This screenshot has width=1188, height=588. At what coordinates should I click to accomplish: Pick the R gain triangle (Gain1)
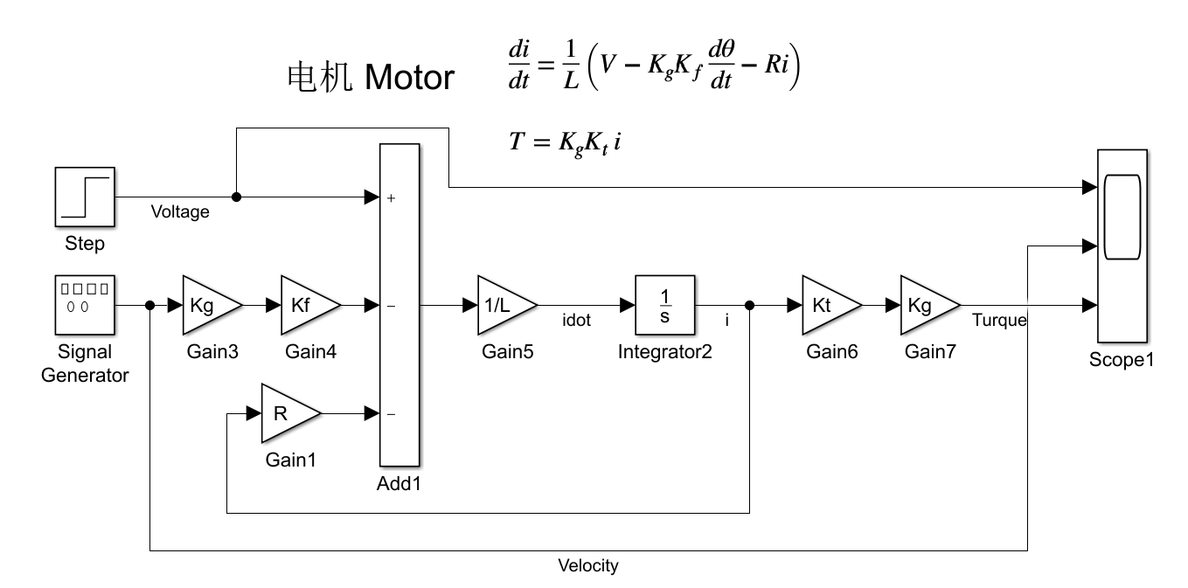click(286, 413)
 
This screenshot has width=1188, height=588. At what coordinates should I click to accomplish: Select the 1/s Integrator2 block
click(665, 306)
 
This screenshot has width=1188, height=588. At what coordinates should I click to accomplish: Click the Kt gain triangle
click(826, 306)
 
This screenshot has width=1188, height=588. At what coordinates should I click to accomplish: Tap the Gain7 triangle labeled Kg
click(924, 306)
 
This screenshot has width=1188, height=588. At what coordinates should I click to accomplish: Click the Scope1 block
click(1122, 246)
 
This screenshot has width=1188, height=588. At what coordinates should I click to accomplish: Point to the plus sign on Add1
click(391, 198)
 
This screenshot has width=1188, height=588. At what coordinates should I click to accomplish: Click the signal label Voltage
click(180, 212)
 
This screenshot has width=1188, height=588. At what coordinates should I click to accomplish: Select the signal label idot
click(576, 321)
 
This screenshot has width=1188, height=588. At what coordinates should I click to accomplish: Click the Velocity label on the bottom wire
click(588, 566)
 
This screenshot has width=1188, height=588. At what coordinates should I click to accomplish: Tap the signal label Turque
click(999, 321)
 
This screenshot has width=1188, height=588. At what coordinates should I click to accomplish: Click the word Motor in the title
click(409, 79)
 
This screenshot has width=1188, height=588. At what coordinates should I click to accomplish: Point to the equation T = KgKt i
click(565, 142)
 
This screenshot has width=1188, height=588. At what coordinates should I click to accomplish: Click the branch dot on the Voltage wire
click(236, 197)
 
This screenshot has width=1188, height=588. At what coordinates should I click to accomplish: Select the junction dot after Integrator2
click(750, 306)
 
